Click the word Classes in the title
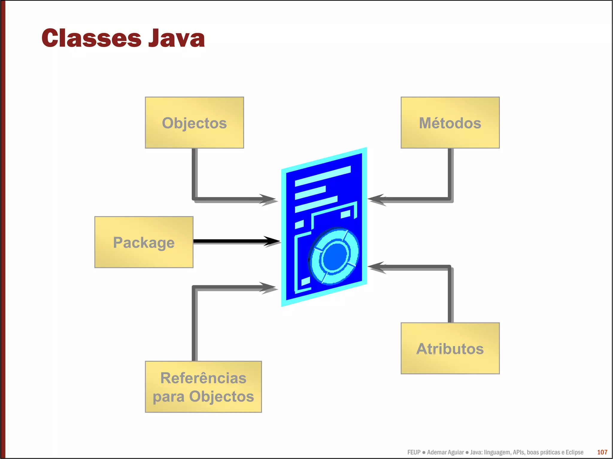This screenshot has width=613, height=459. point(91,38)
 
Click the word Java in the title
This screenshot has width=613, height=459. point(177,38)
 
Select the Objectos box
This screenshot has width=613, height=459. point(194,123)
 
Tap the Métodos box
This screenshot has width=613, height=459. point(450,123)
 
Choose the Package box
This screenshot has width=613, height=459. point(144,242)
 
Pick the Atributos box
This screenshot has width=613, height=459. point(450,348)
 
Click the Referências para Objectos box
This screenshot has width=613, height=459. point(203,387)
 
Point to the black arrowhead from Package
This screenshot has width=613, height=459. point(272,241)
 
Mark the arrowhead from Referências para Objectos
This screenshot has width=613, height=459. point(268,287)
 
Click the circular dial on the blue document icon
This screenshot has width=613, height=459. point(334,256)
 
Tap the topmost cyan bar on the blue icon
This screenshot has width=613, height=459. point(323,176)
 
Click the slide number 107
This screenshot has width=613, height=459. point(602,452)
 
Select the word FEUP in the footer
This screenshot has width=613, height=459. point(414,452)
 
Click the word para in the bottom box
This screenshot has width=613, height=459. point(169,397)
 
